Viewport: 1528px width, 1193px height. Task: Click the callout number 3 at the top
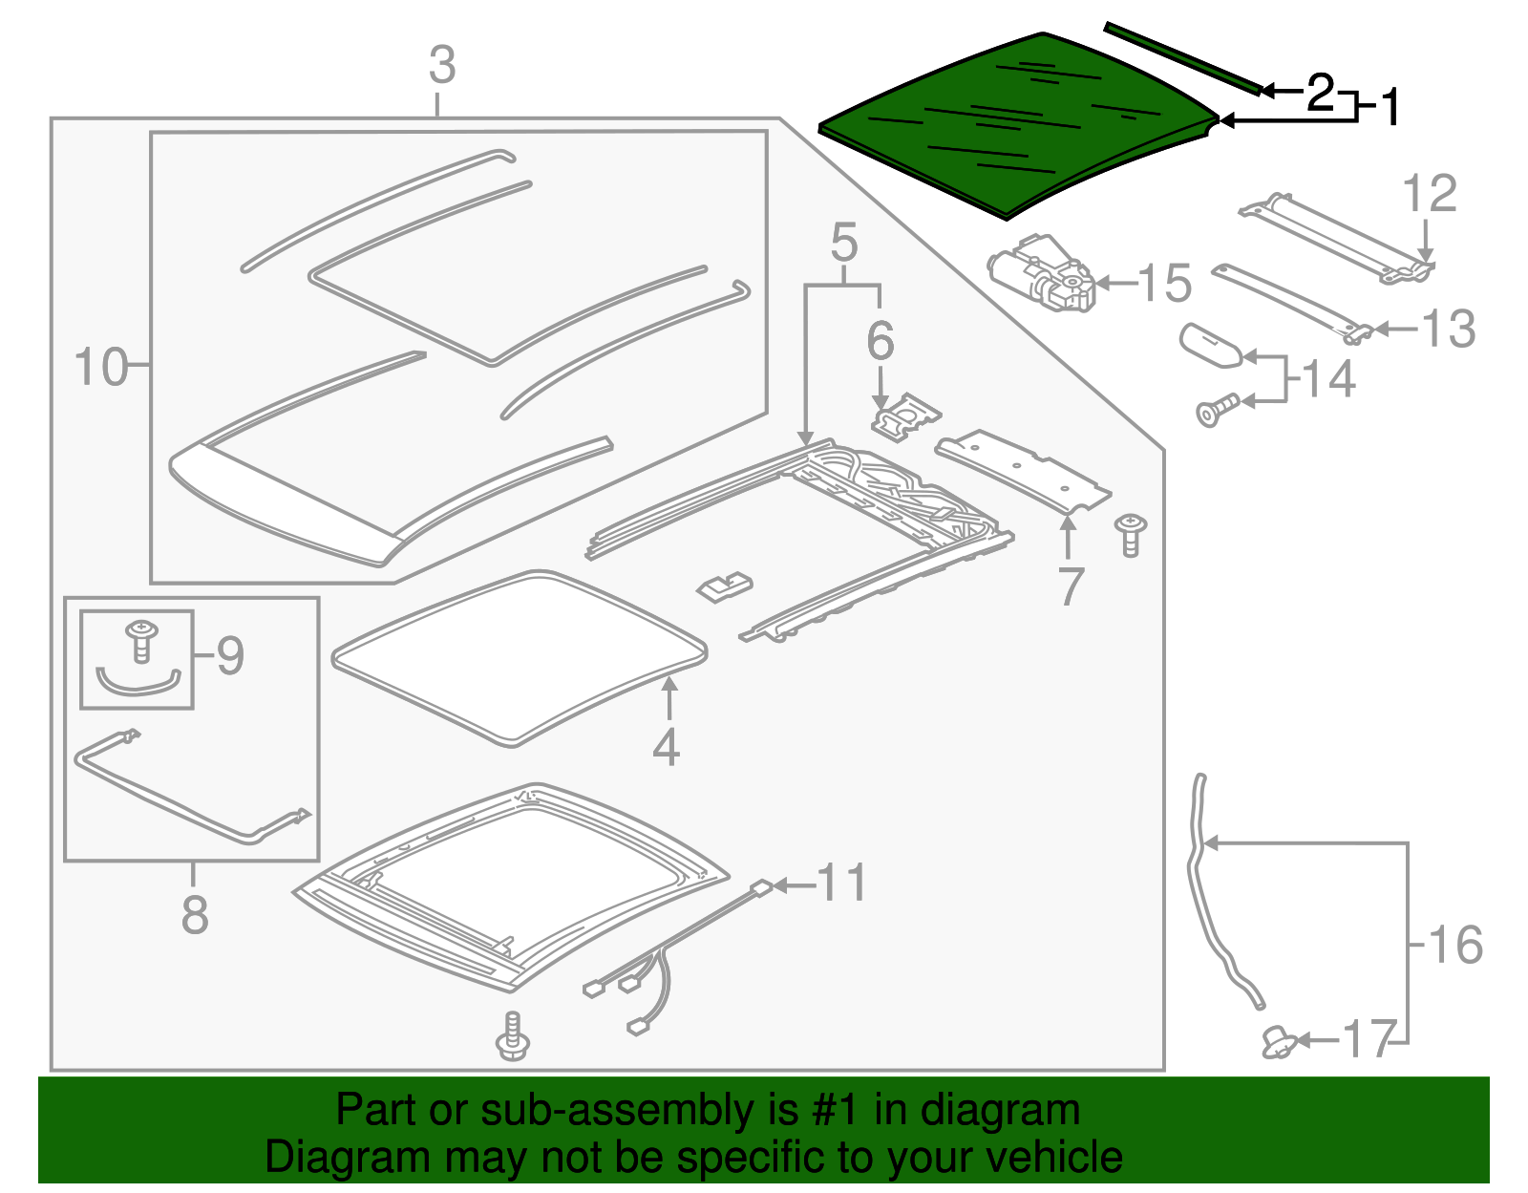[442, 67]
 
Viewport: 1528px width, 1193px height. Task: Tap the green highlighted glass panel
[1012, 129]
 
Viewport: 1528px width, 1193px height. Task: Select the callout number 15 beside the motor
[1165, 284]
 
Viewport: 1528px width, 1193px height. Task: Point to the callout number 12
[1430, 195]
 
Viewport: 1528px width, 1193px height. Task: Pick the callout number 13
[1449, 330]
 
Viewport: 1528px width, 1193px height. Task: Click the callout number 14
[1328, 379]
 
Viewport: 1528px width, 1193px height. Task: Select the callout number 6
[880, 341]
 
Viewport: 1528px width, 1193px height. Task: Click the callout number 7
[1071, 586]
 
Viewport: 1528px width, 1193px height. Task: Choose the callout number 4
[667, 747]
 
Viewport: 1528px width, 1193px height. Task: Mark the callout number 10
[100, 368]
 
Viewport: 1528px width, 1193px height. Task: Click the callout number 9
[230, 655]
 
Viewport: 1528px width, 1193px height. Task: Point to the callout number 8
[195, 914]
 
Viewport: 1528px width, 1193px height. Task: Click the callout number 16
[1455, 945]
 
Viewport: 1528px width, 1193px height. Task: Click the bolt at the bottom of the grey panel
[514, 1035]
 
